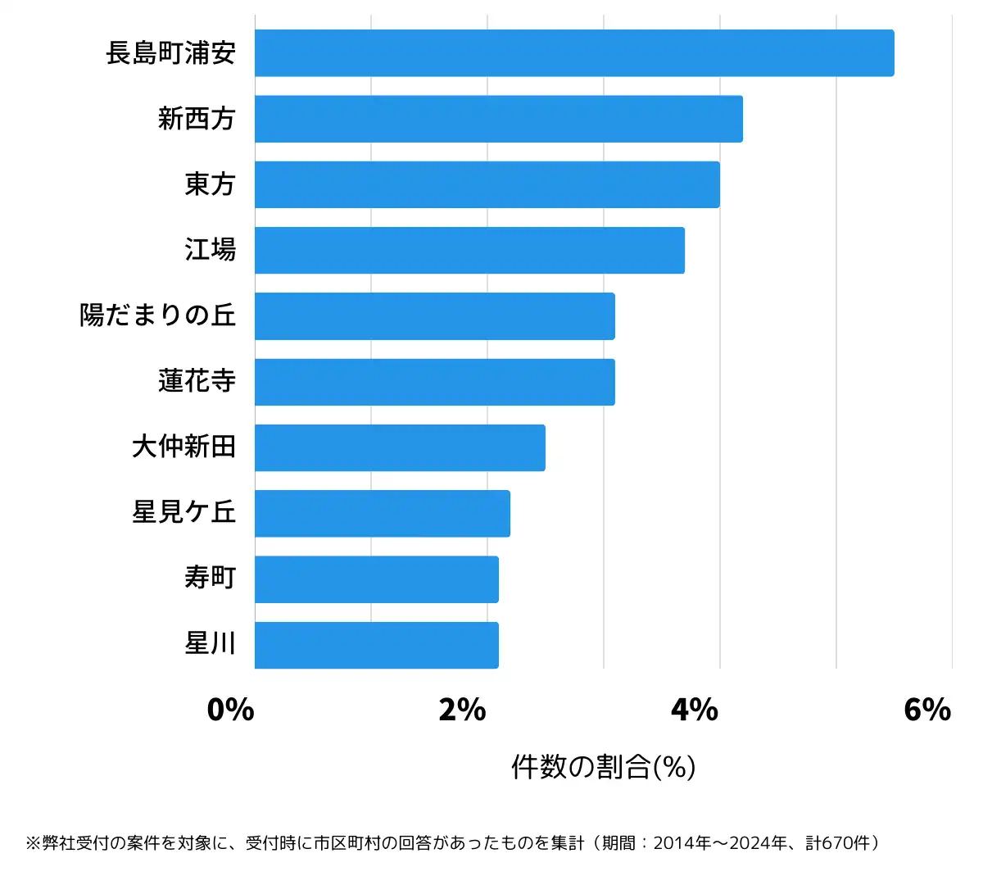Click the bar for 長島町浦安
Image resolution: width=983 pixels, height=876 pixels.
pyautogui.click(x=573, y=53)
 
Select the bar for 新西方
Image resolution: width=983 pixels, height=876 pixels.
pyautogui.click(x=498, y=119)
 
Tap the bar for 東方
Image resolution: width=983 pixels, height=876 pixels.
pyautogui.click(x=487, y=184)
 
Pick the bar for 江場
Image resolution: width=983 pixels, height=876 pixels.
pyautogui.click(x=469, y=250)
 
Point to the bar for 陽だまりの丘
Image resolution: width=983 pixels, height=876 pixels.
pyautogui.click(x=434, y=316)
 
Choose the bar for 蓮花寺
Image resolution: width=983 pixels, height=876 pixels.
pyautogui.click(x=434, y=382)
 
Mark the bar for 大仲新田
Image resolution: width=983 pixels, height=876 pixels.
pyautogui.click(x=400, y=447)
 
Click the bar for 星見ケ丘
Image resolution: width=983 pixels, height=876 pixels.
pyautogui.click(x=382, y=514)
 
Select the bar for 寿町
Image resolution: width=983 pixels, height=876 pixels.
pyautogui.click(x=376, y=579)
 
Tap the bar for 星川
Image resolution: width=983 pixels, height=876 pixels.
pyautogui.click(x=376, y=645)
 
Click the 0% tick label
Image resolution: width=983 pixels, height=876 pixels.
pyautogui.click(x=230, y=710)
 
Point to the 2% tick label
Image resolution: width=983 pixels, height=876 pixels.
pyautogui.click(x=462, y=710)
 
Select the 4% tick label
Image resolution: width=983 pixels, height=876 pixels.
pyautogui.click(x=695, y=710)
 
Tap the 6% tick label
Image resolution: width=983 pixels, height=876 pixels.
pyautogui.click(x=927, y=710)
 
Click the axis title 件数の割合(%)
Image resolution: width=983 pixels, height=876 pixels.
pyautogui.click(x=604, y=767)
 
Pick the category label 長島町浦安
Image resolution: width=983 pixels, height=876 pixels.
pyautogui.click(x=170, y=53)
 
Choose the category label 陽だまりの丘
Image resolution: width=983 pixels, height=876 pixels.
pyautogui.click(x=157, y=315)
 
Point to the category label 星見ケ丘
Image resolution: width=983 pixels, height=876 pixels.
pyautogui.click(x=183, y=513)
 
